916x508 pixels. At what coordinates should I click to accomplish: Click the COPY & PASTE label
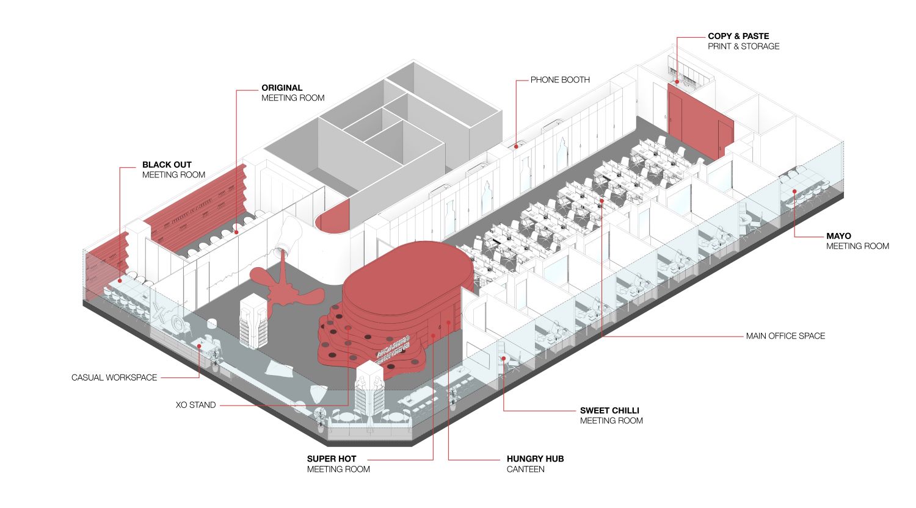(x=738, y=36)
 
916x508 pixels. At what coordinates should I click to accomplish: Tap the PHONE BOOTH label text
(x=560, y=80)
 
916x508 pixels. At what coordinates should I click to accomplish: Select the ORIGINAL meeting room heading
(x=282, y=88)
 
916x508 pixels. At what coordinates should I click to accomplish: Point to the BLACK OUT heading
(x=167, y=165)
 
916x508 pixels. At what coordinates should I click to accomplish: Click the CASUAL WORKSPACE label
(x=114, y=377)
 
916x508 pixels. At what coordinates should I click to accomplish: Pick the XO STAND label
(x=195, y=405)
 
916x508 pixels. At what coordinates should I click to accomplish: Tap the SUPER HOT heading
(x=332, y=459)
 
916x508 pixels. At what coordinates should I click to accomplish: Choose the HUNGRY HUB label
(x=535, y=459)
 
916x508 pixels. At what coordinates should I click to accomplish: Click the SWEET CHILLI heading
(x=609, y=410)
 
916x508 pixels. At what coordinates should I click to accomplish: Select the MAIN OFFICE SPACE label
(x=785, y=336)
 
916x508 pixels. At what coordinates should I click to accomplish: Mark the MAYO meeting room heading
(x=838, y=236)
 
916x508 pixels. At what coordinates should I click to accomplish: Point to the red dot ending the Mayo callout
(x=794, y=191)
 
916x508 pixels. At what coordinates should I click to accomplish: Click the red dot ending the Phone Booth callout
(x=517, y=146)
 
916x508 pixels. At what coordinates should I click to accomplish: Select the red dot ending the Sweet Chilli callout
(x=504, y=359)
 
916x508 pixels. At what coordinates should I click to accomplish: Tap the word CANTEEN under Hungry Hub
(x=525, y=469)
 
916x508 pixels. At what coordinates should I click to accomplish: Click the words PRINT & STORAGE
(x=743, y=46)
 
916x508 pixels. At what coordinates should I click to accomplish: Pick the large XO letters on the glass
(x=167, y=318)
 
